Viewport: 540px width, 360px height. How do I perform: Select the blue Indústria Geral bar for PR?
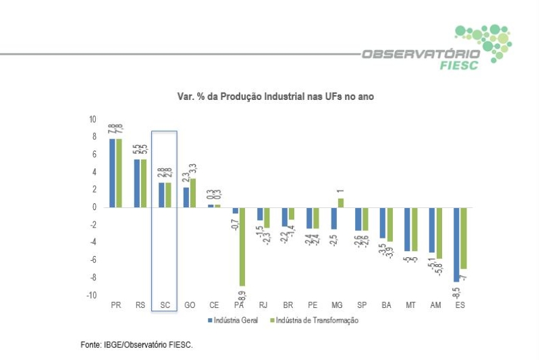(112, 173)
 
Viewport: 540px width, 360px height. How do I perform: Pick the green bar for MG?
(340, 203)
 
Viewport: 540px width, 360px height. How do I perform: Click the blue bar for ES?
(456, 245)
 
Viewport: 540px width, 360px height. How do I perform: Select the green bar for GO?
(192, 192)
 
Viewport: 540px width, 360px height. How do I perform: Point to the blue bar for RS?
(137, 183)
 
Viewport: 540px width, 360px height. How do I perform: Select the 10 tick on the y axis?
(92, 119)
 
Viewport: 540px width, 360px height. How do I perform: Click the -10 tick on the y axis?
(91, 295)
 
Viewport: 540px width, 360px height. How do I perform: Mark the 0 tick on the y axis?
(94, 207)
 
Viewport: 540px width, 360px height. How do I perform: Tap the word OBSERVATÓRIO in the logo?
(420, 53)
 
